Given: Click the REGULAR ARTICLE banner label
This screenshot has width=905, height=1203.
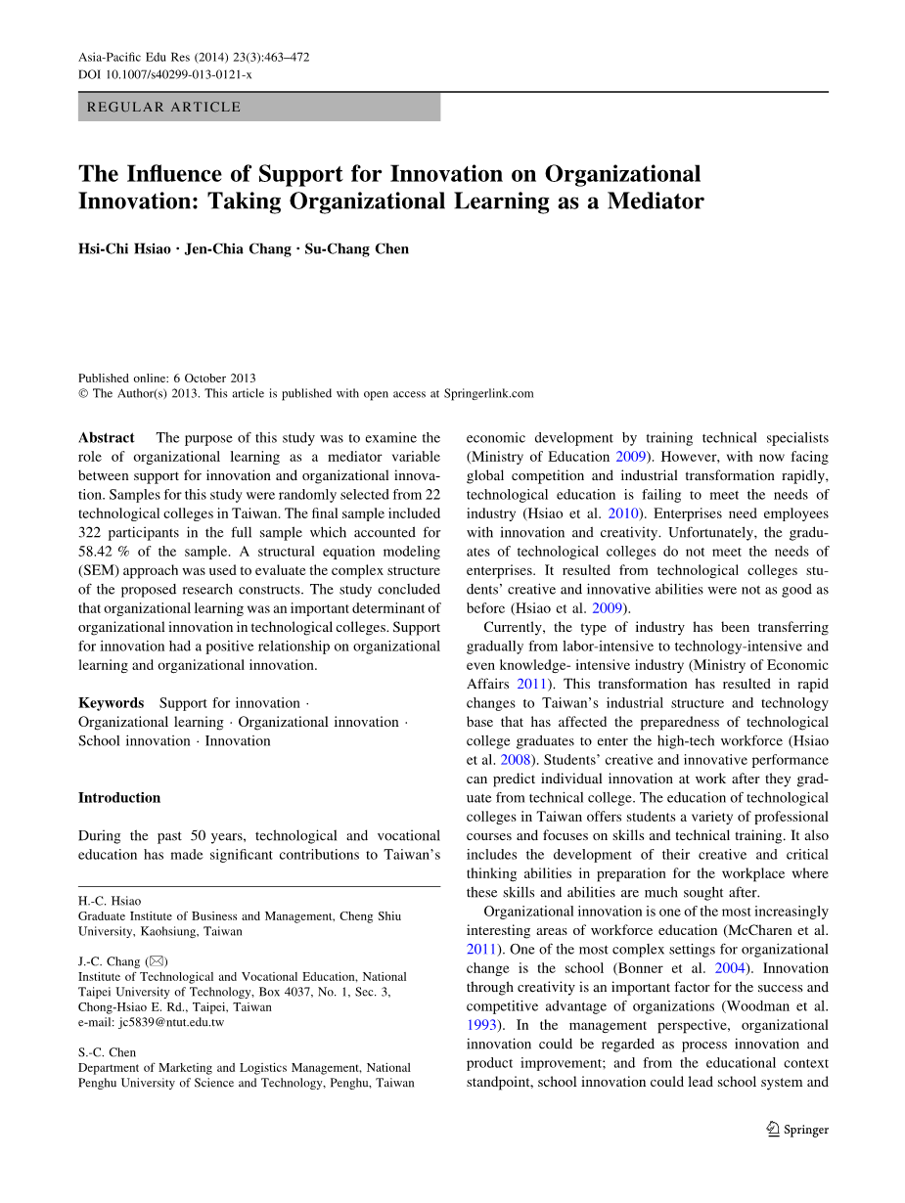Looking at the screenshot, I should [x=163, y=107].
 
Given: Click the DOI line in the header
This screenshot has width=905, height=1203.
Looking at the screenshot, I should [x=164, y=74].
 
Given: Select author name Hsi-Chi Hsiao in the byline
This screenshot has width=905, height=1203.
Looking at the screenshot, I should [x=124, y=248].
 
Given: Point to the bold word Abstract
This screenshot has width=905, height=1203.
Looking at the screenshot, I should [x=107, y=438].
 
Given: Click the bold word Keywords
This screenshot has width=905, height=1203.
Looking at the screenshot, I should [x=111, y=703].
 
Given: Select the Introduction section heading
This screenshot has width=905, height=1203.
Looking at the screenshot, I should [x=119, y=798].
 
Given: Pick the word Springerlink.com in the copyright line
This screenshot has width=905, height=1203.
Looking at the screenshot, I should [x=488, y=393].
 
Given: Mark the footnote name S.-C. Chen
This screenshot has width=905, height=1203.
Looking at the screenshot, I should [x=108, y=1052].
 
